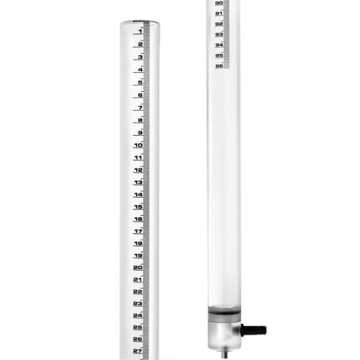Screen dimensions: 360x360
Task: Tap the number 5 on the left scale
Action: (x=140, y=82)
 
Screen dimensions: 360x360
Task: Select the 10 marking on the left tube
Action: (x=138, y=145)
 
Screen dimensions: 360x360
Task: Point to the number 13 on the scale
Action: (x=138, y=182)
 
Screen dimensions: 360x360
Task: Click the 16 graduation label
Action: (x=138, y=220)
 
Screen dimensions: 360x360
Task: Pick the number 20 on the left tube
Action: (x=138, y=268)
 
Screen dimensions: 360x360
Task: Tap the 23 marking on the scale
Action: (x=138, y=304)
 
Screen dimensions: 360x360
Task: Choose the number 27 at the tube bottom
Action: (x=138, y=352)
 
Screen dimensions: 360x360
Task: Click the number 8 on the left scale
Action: (x=140, y=120)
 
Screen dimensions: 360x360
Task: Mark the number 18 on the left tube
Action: (x=138, y=244)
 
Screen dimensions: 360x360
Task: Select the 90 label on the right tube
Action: (x=219, y=3)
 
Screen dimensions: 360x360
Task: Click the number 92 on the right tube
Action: (x=219, y=24)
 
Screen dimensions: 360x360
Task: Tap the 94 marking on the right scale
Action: (x=219, y=45)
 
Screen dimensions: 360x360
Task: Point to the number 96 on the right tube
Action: (x=219, y=66)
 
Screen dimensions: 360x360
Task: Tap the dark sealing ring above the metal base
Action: (x=224, y=313)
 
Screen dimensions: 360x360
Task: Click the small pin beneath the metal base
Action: (x=224, y=354)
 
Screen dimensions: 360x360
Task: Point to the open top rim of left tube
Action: (x=139, y=23)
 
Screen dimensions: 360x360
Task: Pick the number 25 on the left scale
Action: (x=138, y=328)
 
